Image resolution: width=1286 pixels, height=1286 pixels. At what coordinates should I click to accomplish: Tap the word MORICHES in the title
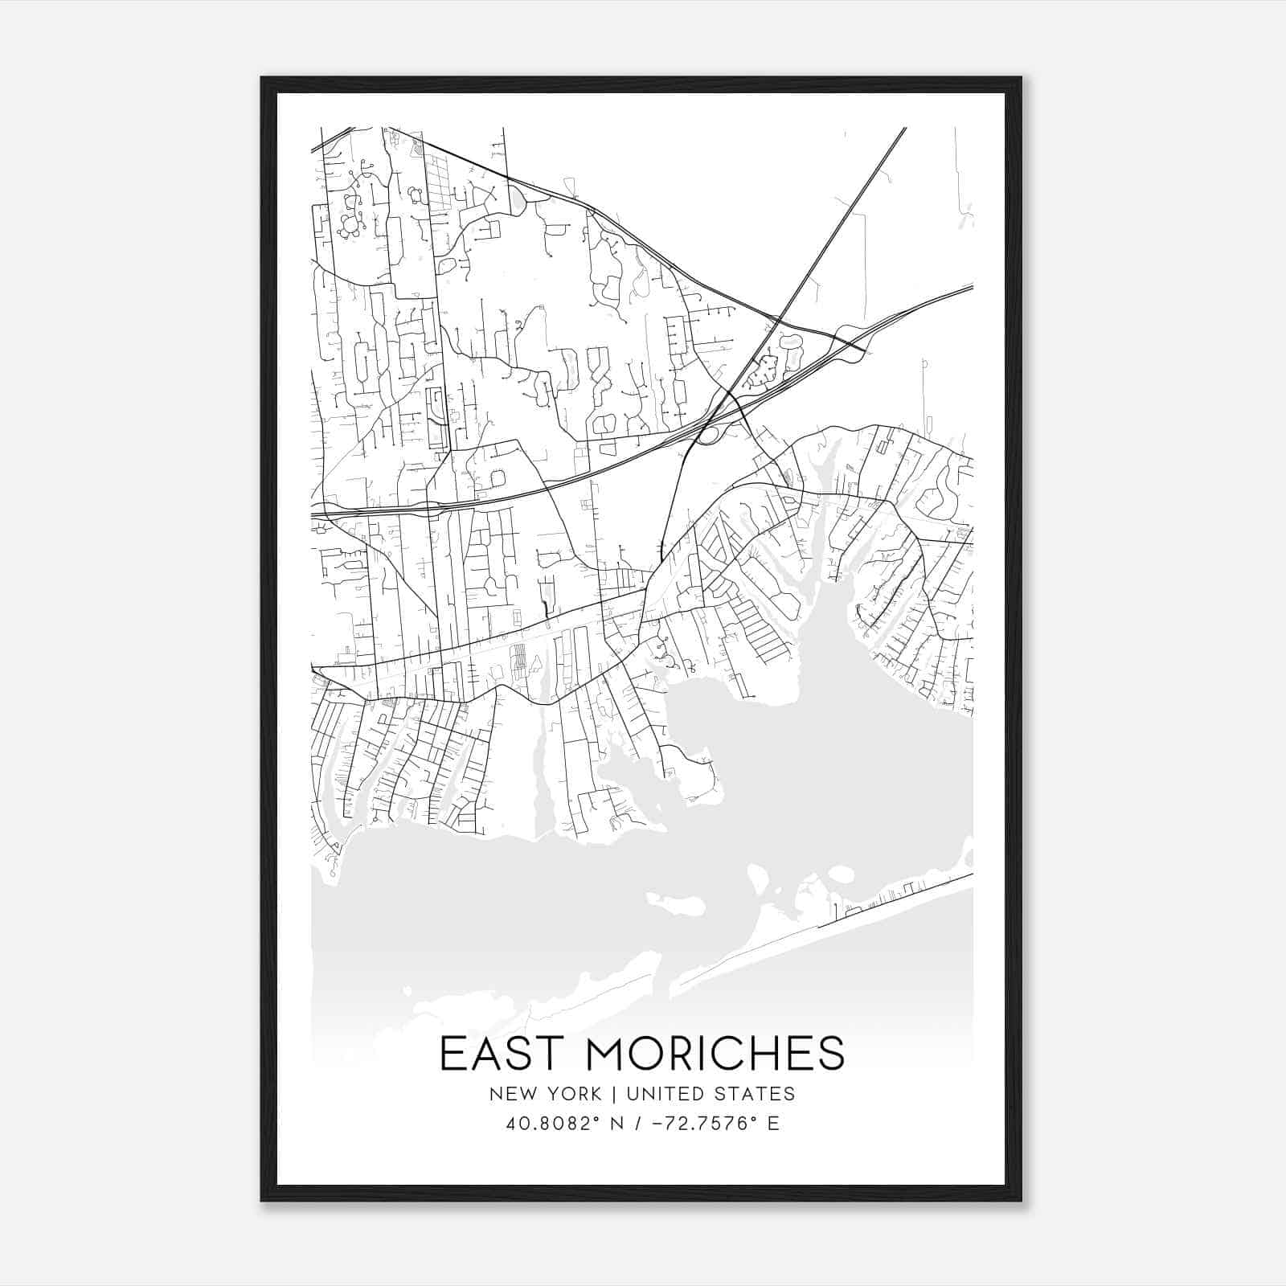[716, 1054]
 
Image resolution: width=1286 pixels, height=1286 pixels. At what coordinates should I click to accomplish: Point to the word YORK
[572, 1094]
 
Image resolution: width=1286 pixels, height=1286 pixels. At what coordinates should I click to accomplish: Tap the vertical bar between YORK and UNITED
[613, 1094]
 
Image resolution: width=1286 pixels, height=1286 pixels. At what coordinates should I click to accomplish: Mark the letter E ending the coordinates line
[773, 1124]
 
